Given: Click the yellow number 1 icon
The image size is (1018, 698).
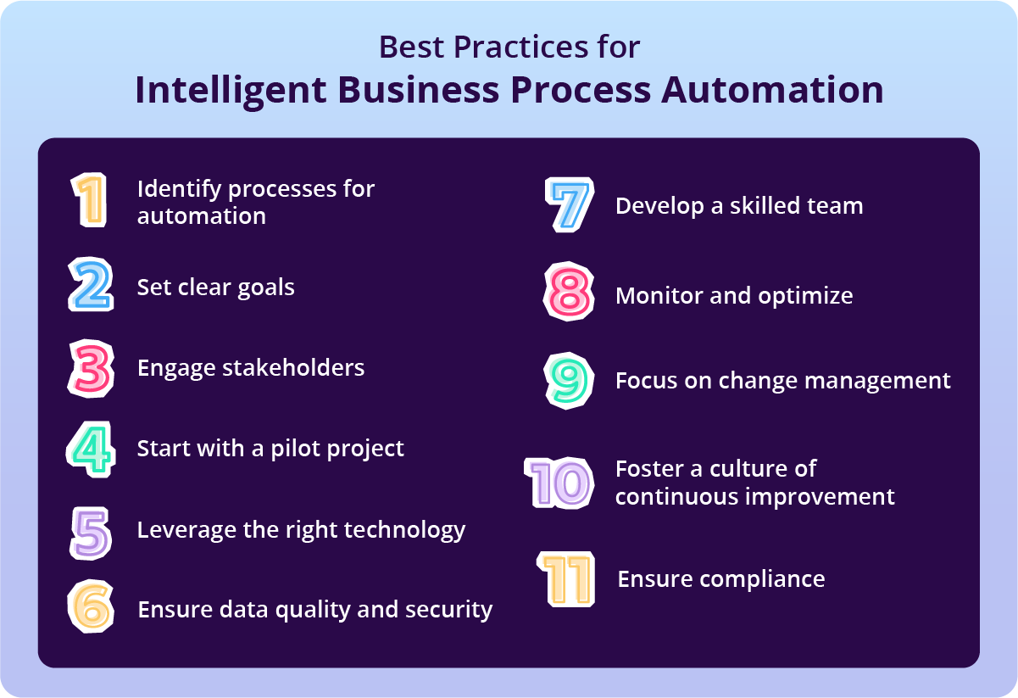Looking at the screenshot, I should point(89,201).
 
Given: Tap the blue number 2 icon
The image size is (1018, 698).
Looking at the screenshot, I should point(90,286).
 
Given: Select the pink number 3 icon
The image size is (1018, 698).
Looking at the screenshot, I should point(90,368).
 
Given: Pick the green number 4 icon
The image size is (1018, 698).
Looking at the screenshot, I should point(90,450).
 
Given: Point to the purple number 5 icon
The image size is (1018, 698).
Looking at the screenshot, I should point(90,531).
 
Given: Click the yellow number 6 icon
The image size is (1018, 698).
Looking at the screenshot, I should point(90,607).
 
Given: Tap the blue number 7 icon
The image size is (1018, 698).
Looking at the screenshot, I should point(566,205).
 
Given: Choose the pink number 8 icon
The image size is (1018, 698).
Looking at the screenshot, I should point(566,293).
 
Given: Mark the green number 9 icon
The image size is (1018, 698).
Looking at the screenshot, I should point(566,380).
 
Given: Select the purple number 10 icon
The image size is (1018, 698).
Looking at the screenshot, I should point(559,483).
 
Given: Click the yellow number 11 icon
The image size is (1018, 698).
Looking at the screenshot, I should point(565,579).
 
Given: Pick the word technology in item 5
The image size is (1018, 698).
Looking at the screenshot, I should point(405,530).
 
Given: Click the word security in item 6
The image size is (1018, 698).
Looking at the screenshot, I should point(451,609).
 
